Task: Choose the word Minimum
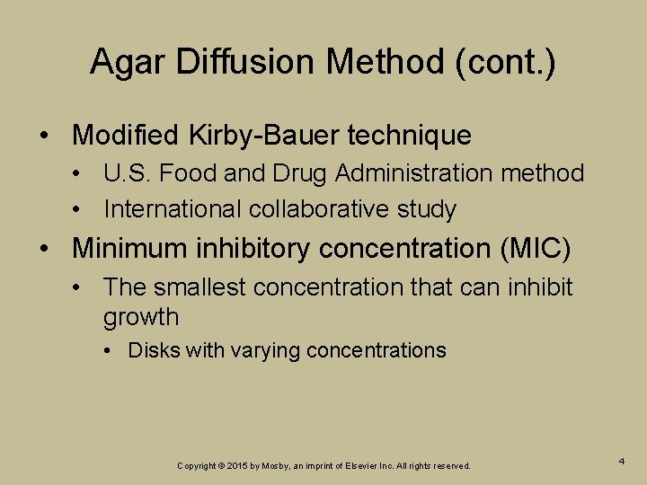click(x=127, y=247)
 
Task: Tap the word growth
click(x=141, y=317)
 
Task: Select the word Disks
click(x=154, y=350)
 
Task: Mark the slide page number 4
click(x=622, y=461)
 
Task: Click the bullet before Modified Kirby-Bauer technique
click(x=45, y=137)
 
